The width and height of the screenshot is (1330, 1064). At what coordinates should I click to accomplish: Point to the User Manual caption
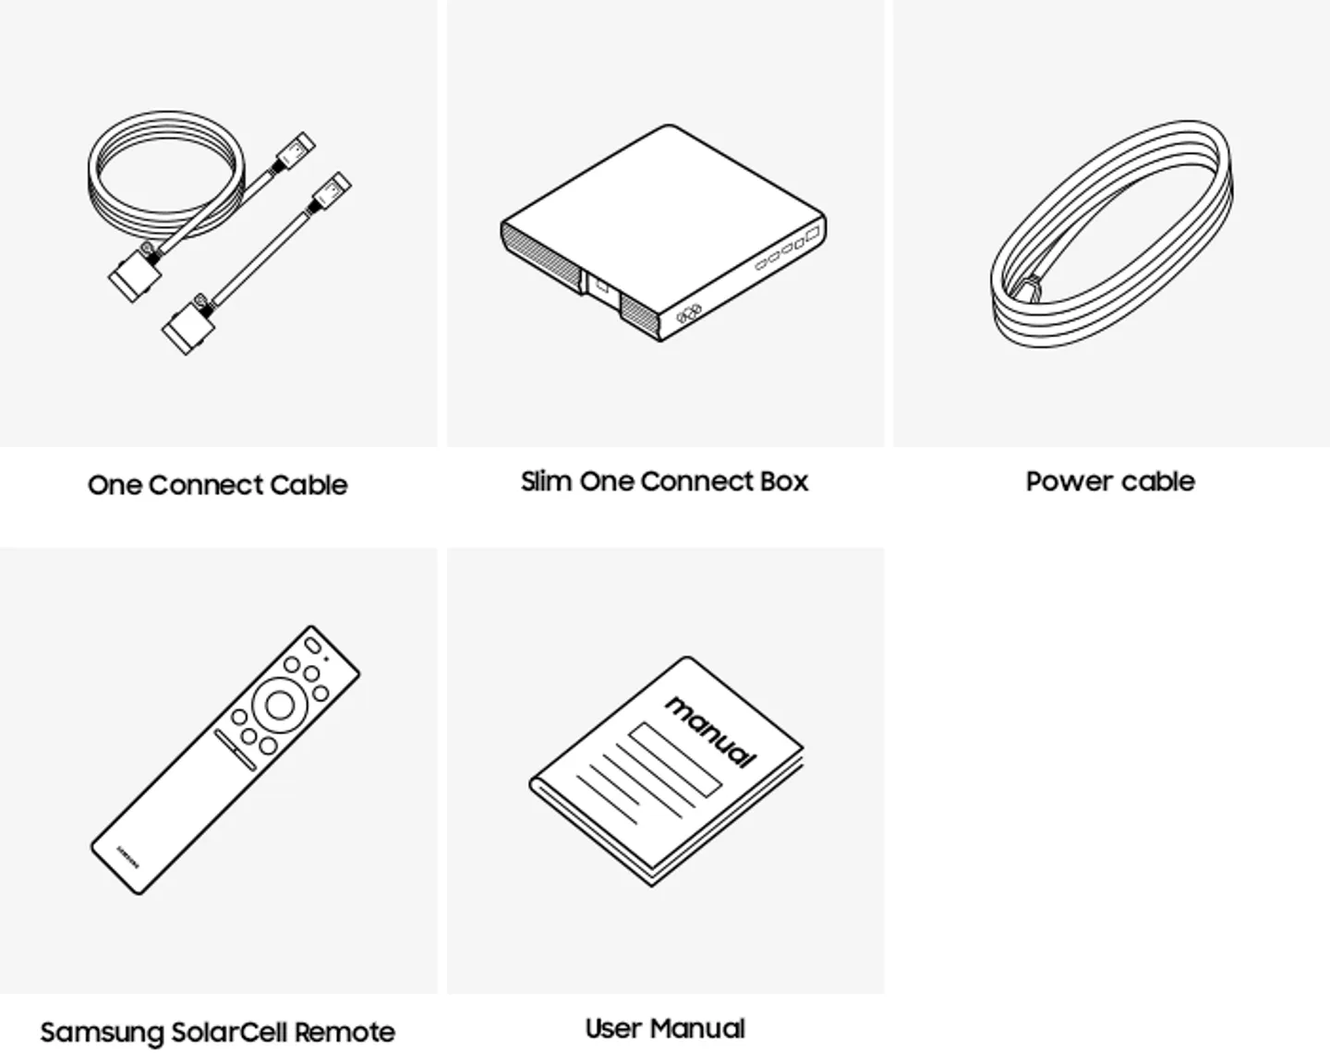click(665, 1029)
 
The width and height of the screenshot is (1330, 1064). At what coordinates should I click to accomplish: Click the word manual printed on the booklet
click(711, 732)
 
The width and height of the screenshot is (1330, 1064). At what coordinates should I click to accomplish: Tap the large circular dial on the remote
click(279, 706)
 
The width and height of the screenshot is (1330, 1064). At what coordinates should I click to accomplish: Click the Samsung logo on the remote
click(128, 857)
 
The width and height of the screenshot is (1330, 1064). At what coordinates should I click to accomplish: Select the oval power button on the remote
click(313, 646)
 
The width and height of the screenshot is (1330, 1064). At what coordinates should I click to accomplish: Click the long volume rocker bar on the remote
click(236, 749)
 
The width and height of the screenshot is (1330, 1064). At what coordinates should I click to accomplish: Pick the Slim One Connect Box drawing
click(663, 233)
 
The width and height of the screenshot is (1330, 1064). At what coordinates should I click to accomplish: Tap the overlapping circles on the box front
click(689, 314)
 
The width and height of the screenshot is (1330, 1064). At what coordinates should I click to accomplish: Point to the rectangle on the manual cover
click(675, 759)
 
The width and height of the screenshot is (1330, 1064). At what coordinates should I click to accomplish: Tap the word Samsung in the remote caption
click(102, 1034)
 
